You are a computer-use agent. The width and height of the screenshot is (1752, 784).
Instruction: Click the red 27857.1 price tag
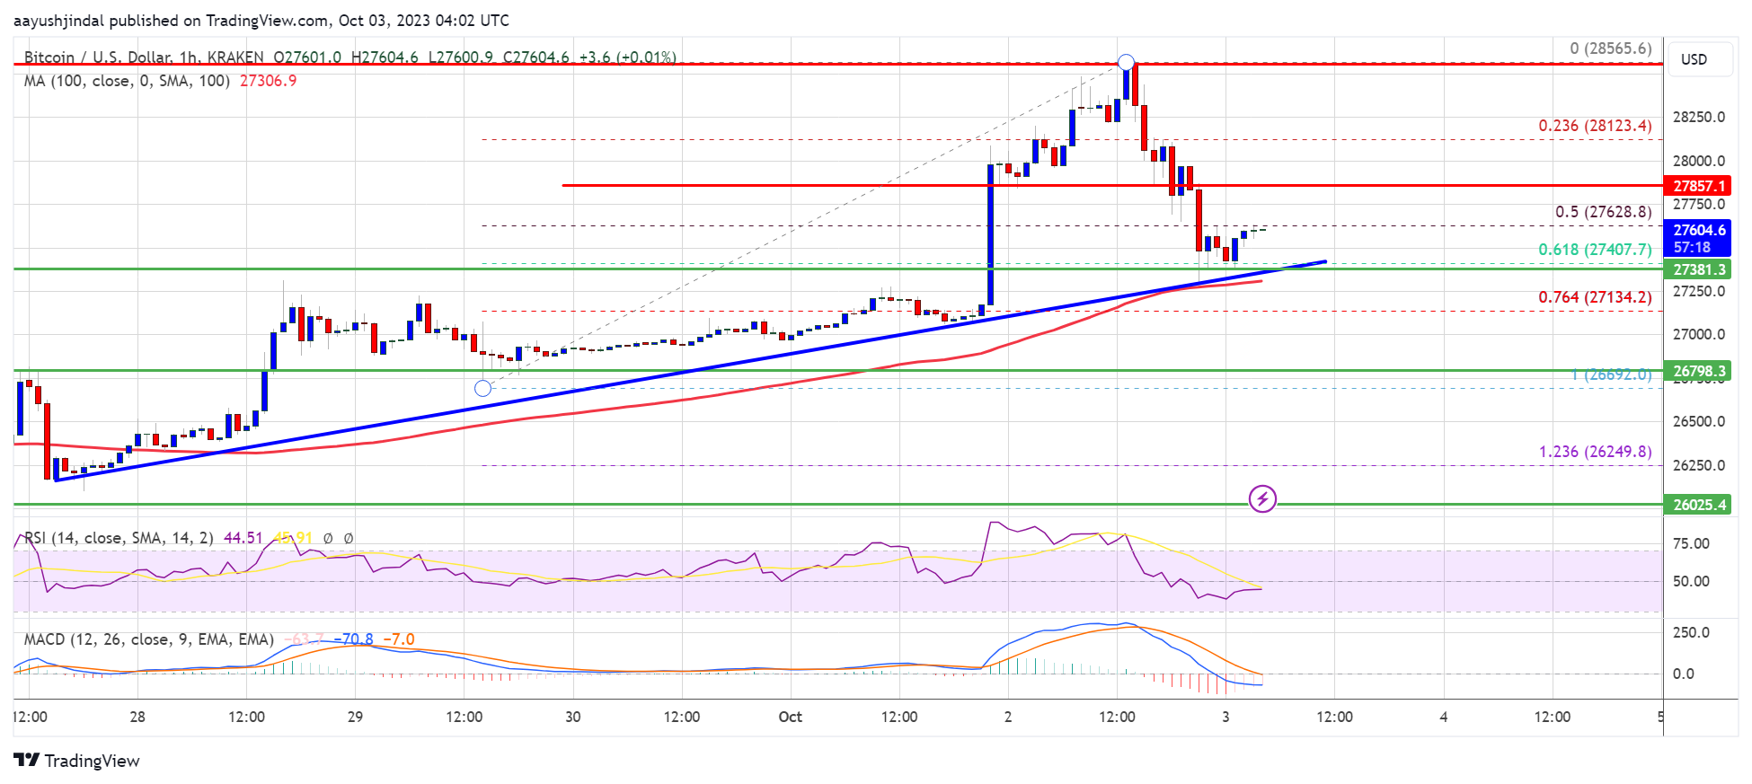1698,186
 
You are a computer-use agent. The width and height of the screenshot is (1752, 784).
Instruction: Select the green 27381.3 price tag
1698,269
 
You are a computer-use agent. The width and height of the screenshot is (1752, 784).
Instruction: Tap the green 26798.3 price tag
1698,371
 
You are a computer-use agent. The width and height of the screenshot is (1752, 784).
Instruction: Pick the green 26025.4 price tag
1698,505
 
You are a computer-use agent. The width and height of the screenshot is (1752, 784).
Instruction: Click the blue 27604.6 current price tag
1698,231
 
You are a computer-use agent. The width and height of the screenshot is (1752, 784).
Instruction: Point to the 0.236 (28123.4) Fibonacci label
1594,126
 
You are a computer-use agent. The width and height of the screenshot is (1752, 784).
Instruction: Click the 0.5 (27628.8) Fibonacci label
1603,212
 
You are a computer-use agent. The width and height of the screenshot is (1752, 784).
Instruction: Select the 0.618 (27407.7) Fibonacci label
1594,250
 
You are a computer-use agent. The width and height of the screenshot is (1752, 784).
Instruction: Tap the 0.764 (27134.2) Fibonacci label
1594,297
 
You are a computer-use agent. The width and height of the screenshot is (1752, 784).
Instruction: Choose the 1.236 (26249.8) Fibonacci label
1594,452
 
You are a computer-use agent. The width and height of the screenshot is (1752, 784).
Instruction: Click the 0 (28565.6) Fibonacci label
1610,48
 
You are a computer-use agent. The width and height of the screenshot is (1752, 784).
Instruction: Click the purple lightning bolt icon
1262,498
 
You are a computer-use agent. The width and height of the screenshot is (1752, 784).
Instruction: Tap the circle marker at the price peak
1126,63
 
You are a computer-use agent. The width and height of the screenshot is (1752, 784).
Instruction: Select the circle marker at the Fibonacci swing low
483,388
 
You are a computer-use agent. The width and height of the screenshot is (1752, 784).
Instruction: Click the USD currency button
1694,59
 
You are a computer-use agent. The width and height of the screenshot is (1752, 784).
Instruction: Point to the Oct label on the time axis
790,717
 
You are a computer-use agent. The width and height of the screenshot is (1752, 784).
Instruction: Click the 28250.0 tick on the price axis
1698,118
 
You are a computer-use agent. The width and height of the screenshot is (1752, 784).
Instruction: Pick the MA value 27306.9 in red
268,81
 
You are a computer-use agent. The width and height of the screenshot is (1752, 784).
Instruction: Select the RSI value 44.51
243,538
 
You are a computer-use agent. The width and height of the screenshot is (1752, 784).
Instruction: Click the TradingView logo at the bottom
77,761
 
